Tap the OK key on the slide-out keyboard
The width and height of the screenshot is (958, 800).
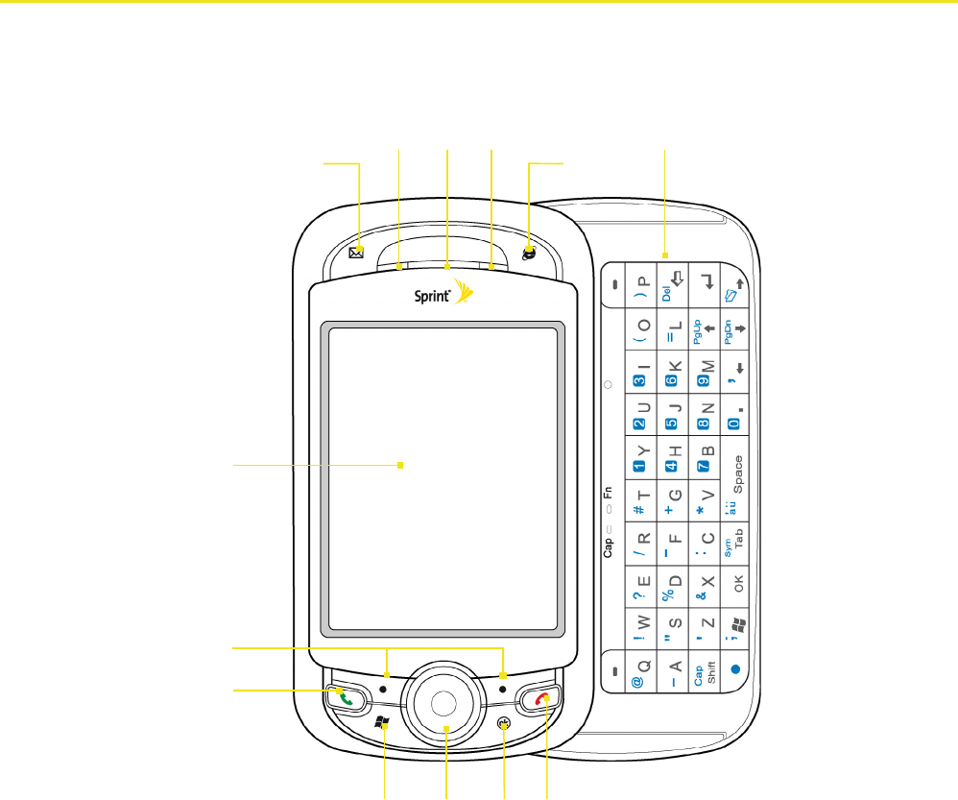pyautogui.click(x=736, y=582)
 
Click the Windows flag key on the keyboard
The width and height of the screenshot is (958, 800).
pyautogui.click(x=736, y=625)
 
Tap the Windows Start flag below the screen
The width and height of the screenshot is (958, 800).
pyautogui.click(x=382, y=723)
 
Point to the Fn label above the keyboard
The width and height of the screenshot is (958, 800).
pyautogui.click(x=608, y=498)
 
